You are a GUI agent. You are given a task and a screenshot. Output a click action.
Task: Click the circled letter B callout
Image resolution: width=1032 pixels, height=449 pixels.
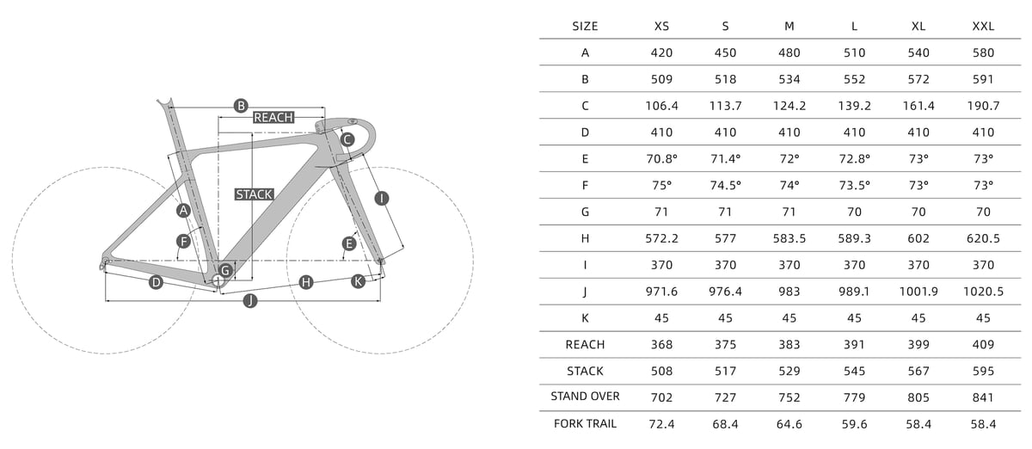[241, 106]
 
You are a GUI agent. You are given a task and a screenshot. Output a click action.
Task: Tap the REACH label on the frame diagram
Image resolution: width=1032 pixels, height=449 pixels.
[273, 118]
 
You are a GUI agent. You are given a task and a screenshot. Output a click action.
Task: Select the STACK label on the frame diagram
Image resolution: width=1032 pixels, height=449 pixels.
[254, 194]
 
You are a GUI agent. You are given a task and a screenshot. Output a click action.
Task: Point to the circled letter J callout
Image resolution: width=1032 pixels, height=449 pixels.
[250, 301]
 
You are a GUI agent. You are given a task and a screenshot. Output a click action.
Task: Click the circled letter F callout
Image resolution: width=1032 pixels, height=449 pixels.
[184, 241]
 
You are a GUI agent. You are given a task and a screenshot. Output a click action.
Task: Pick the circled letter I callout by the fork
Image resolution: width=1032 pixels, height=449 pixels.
[382, 199]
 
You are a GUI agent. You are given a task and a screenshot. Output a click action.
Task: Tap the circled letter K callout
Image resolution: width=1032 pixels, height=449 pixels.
[358, 281]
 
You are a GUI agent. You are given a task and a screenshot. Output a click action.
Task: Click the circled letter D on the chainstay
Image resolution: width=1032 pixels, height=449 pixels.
[157, 282]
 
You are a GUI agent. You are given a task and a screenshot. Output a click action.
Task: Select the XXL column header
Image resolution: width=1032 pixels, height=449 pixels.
[983, 27]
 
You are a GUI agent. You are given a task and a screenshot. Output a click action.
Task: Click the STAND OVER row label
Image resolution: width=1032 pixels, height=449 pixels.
[585, 396]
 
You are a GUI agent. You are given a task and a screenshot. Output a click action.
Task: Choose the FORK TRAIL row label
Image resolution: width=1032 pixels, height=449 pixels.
[585, 424]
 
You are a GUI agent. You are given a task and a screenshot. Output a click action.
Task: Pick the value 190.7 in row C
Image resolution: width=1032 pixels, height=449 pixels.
[983, 106]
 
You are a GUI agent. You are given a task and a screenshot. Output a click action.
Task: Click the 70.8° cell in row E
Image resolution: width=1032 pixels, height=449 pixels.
[661, 159]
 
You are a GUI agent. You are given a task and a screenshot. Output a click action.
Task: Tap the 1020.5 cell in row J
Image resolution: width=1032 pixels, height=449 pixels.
[983, 292]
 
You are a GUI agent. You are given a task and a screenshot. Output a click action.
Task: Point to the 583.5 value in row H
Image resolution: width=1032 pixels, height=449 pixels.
[789, 238]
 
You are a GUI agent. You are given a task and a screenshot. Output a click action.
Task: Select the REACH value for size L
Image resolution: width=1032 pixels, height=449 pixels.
[854, 344]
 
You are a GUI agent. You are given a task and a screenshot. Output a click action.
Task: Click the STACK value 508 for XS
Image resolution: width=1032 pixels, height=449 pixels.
[661, 371]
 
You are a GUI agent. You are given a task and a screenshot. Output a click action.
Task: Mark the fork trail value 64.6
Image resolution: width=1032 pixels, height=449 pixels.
[789, 424]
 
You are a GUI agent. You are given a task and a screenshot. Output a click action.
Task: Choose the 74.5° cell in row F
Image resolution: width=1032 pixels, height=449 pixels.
[725, 185]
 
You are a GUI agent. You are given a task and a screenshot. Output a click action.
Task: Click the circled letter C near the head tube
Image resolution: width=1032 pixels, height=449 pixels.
[347, 139]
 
